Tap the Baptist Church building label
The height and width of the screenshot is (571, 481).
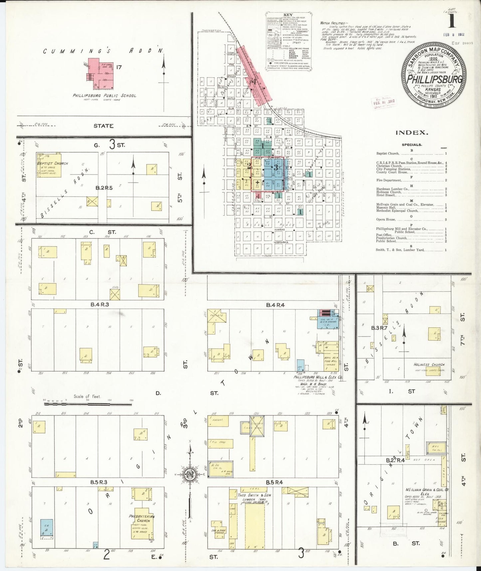tap(53, 163)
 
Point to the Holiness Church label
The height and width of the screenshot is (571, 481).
tap(429, 364)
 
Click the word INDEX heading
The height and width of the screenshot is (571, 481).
tap(411, 133)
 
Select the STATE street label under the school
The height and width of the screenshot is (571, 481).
tap(103, 126)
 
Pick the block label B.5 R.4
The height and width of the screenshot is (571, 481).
tap(274, 482)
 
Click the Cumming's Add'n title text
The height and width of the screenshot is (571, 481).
tap(104, 51)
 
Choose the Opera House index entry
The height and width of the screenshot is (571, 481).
tap(386, 220)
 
